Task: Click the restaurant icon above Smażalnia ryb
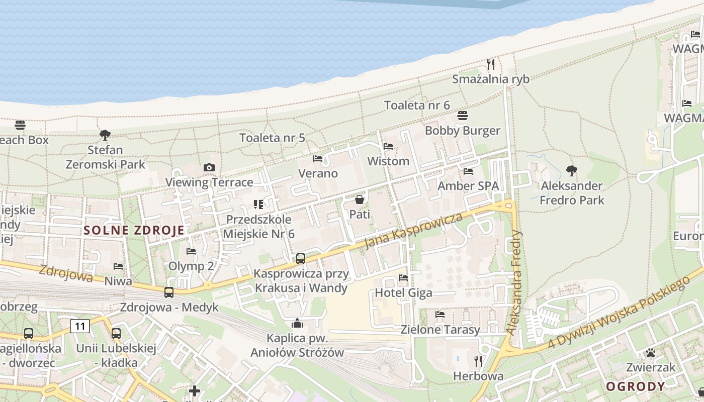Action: (x=491, y=64)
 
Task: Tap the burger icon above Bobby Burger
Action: (x=463, y=116)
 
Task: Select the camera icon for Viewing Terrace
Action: (x=209, y=167)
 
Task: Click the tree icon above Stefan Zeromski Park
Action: (x=105, y=135)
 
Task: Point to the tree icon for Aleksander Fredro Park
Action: (x=571, y=171)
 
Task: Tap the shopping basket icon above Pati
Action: (x=359, y=199)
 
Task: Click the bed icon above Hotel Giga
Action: (x=403, y=277)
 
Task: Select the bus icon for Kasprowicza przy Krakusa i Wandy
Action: (x=301, y=259)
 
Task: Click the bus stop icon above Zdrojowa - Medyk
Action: (x=169, y=292)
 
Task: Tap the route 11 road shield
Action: (x=80, y=326)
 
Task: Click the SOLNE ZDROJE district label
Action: (x=134, y=231)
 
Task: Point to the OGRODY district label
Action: (x=636, y=386)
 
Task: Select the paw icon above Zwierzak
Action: (x=651, y=353)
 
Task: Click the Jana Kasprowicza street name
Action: (x=413, y=231)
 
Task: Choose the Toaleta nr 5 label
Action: (x=272, y=138)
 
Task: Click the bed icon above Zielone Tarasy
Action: (x=440, y=315)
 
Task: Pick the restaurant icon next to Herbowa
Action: (x=478, y=361)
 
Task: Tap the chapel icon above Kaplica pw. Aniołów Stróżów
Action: (x=297, y=323)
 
